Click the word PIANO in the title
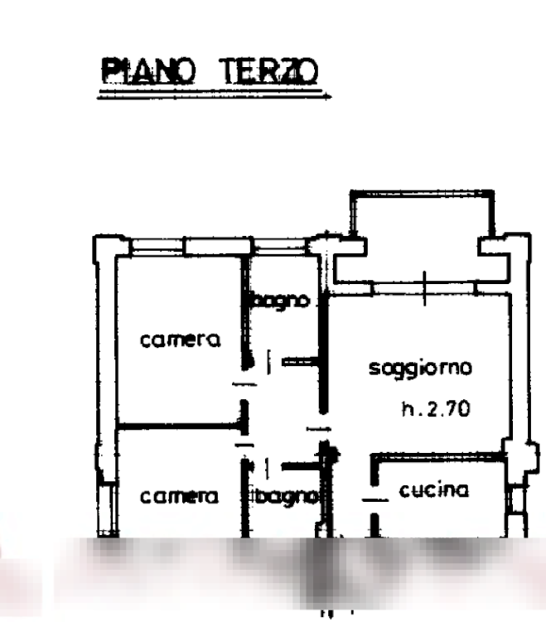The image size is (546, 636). click(148, 70)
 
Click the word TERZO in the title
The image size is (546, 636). click(267, 70)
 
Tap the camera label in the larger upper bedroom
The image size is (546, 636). click(181, 340)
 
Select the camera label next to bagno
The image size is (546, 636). click(179, 497)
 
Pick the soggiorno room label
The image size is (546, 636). click(421, 369)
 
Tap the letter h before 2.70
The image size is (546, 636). click(406, 408)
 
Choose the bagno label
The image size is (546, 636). click(283, 497)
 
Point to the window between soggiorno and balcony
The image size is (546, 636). click(423, 287)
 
